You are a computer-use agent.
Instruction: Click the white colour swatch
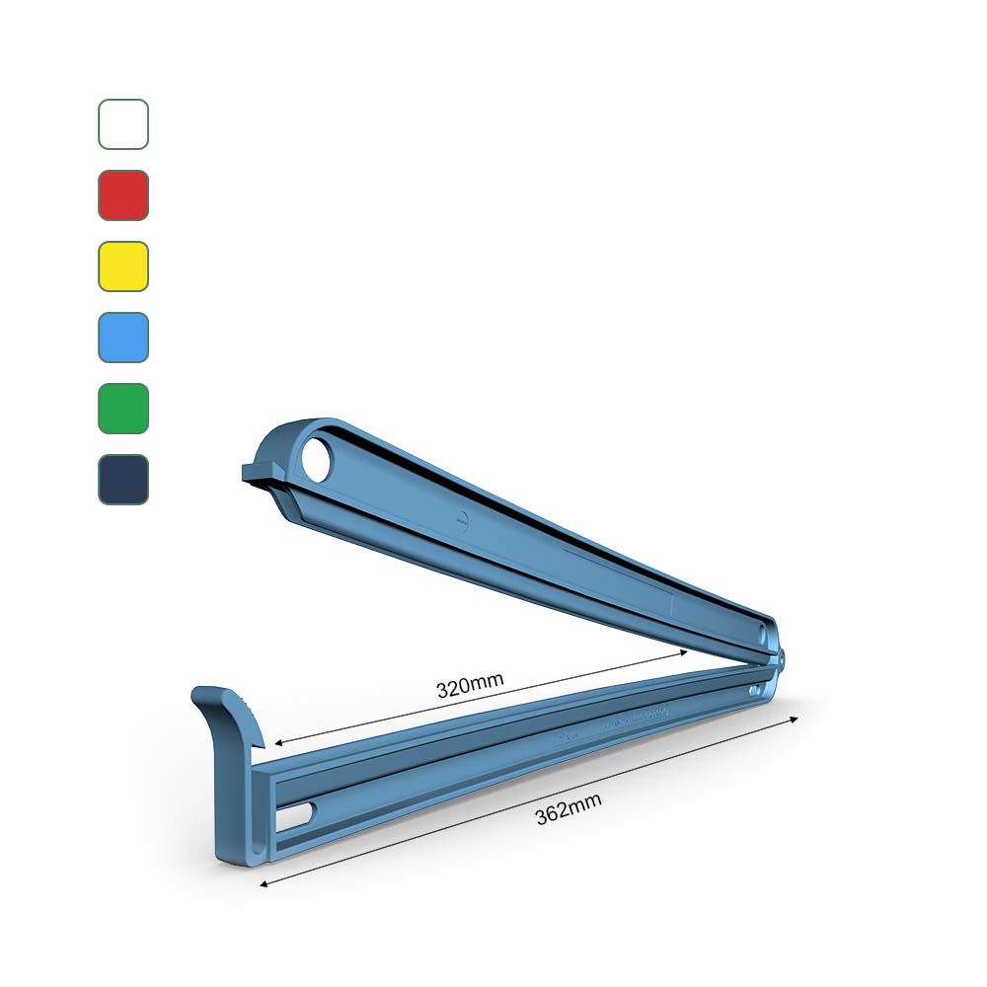pyautogui.click(x=123, y=124)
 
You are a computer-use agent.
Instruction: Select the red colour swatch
pyautogui.click(x=123, y=195)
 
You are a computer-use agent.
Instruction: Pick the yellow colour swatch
pyautogui.click(x=123, y=266)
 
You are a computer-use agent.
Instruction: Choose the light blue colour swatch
pyautogui.click(x=123, y=338)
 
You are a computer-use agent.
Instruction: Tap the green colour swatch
pyautogui.click(x=123, y=409)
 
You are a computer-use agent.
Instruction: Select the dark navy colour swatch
pyautogui.click(x=123, y=480)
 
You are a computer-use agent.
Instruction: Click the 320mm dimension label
pyautogui.click(x=470, y=684)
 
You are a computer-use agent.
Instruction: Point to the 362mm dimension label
pyautogui.click(x=568, y=811)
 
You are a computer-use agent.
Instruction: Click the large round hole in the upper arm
pyautogui.click(x=319, y=461)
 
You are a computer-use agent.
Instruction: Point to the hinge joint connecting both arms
pyautogui.click(x=779, y=655)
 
